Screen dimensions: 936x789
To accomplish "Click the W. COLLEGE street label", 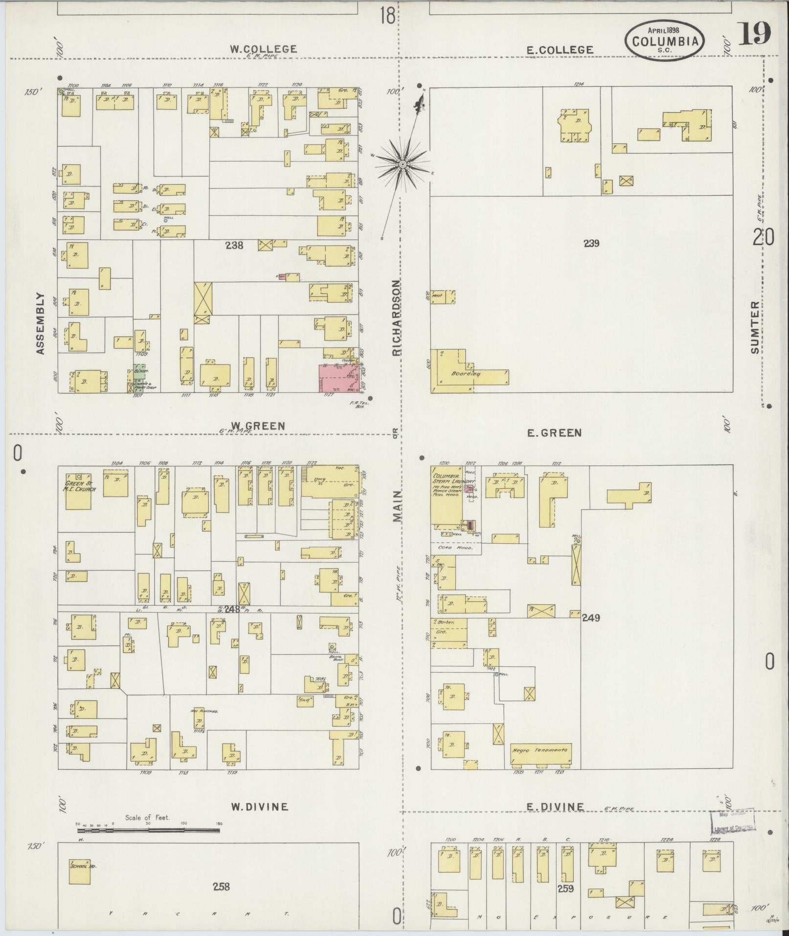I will pos(264,49).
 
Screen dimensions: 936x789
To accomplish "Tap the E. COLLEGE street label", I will pos(560,49).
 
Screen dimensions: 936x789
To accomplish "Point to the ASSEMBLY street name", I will pos(40,323).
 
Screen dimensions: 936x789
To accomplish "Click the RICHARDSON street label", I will pos(397,318).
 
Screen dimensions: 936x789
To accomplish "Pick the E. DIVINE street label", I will pos(555,807).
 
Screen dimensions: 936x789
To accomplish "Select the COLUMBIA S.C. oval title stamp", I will pos(665,41).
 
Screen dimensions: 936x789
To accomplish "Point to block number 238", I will pos(234,245).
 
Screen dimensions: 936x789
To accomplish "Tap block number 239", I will pos(591,243).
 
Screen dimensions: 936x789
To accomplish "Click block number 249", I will pos(590,617).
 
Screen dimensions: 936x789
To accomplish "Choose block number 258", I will pos(221,886).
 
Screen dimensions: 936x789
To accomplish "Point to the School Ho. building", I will pos(80,871).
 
